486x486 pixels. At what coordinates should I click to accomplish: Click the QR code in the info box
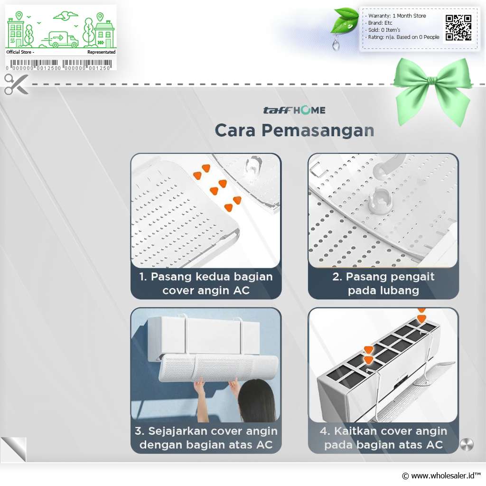tap(458, 28)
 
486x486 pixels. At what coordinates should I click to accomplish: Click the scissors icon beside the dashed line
tap(16, 84)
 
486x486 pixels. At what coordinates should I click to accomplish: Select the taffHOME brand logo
tap(294, 110)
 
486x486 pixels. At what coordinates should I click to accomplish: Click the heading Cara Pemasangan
tap(294, 130)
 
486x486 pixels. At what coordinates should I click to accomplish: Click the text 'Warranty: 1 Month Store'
tap(397, 16)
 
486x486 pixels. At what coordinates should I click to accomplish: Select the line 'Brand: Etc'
tap(380, 23)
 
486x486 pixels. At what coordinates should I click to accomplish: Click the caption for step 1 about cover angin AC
tap(206, 283)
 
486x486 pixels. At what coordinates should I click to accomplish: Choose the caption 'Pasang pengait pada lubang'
tap(383, 283)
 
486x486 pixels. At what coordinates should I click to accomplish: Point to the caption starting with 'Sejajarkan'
tap(206, 438)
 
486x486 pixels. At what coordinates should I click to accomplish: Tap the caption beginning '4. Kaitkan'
tap(383, 438)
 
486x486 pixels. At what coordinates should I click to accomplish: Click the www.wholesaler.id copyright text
tap(441, 476)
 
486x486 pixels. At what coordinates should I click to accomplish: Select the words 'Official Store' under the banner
tap(19, 52)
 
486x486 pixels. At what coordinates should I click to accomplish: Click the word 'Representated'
tap(102, 52)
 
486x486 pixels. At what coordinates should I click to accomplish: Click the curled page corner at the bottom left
tap(14, 449)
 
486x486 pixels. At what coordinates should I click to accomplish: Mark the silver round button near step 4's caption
tap(467, 445)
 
